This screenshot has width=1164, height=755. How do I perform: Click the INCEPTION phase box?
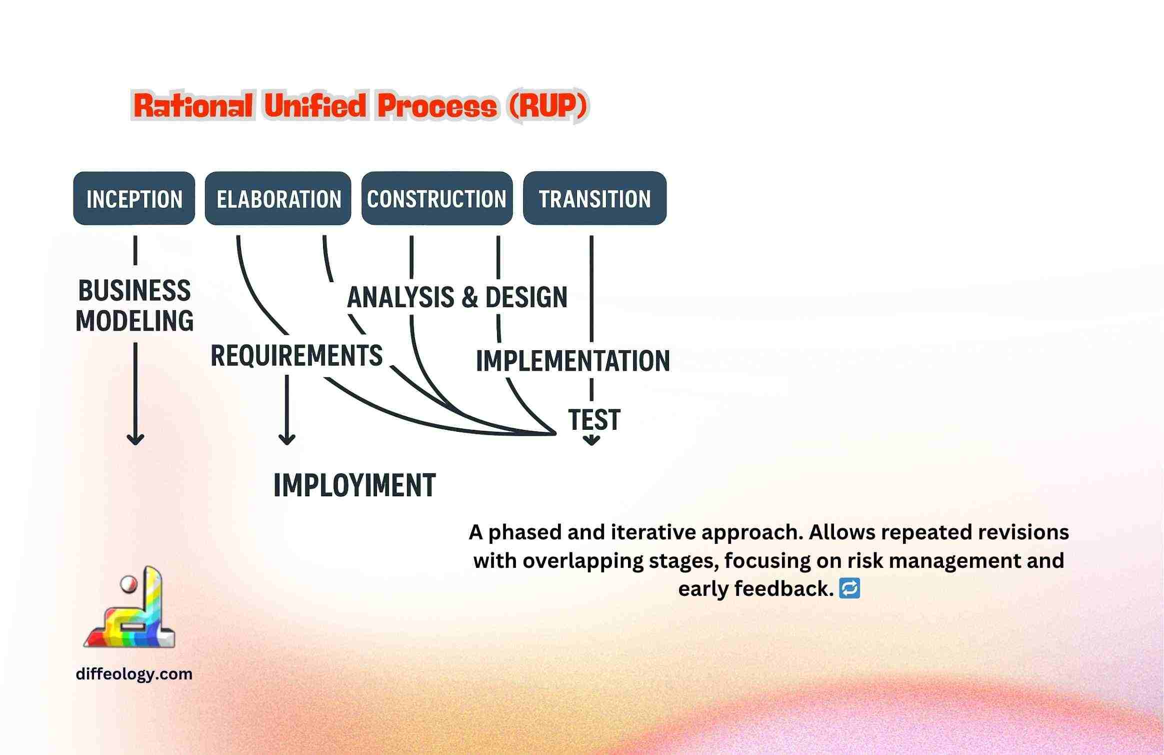[134, 198]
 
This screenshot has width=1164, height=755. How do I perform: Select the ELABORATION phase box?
[278, 198]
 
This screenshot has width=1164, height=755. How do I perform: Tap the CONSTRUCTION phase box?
[437, 198]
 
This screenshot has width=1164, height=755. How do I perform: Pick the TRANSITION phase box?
[594, 198]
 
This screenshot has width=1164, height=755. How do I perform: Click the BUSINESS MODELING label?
[134, 306]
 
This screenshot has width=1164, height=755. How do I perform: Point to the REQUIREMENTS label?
[296, 356]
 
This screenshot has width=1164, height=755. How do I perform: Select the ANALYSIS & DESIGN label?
[457, 297]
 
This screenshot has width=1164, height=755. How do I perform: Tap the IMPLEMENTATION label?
[573, 361]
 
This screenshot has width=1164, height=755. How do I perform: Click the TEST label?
[594, 419]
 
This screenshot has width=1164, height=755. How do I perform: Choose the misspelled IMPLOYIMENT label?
[354, 485]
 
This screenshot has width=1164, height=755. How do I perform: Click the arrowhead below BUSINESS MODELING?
[135, 439]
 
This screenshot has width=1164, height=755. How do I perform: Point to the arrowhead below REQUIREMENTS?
[286, 439]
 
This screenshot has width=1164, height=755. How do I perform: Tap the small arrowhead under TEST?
[592, 440]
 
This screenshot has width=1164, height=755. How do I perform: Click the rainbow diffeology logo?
[129, 607]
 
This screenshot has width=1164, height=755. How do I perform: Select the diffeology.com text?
[134, 674]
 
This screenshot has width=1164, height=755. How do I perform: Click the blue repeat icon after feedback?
[849, 588]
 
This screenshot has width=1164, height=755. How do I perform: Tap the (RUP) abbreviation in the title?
[548, 106]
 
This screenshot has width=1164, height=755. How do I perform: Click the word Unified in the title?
[315, 106]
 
